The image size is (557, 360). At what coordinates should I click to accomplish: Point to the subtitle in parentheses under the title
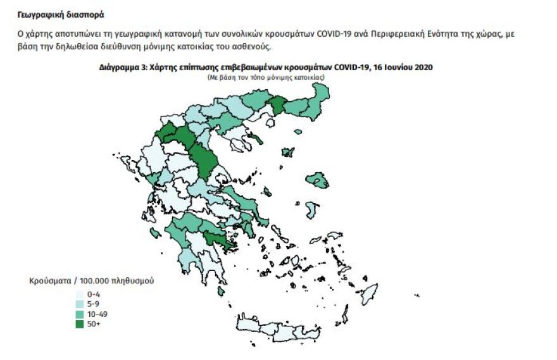coord(266,76)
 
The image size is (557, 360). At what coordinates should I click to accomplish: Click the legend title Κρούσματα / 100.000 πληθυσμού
coord(91,280)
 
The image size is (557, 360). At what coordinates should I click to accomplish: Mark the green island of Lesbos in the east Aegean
coord(316,182)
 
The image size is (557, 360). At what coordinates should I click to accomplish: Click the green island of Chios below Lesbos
coord(311,210)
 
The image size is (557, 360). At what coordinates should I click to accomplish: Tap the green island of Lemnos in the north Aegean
coord(287,152)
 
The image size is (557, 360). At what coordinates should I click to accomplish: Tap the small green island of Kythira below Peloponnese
coord(220,291)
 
